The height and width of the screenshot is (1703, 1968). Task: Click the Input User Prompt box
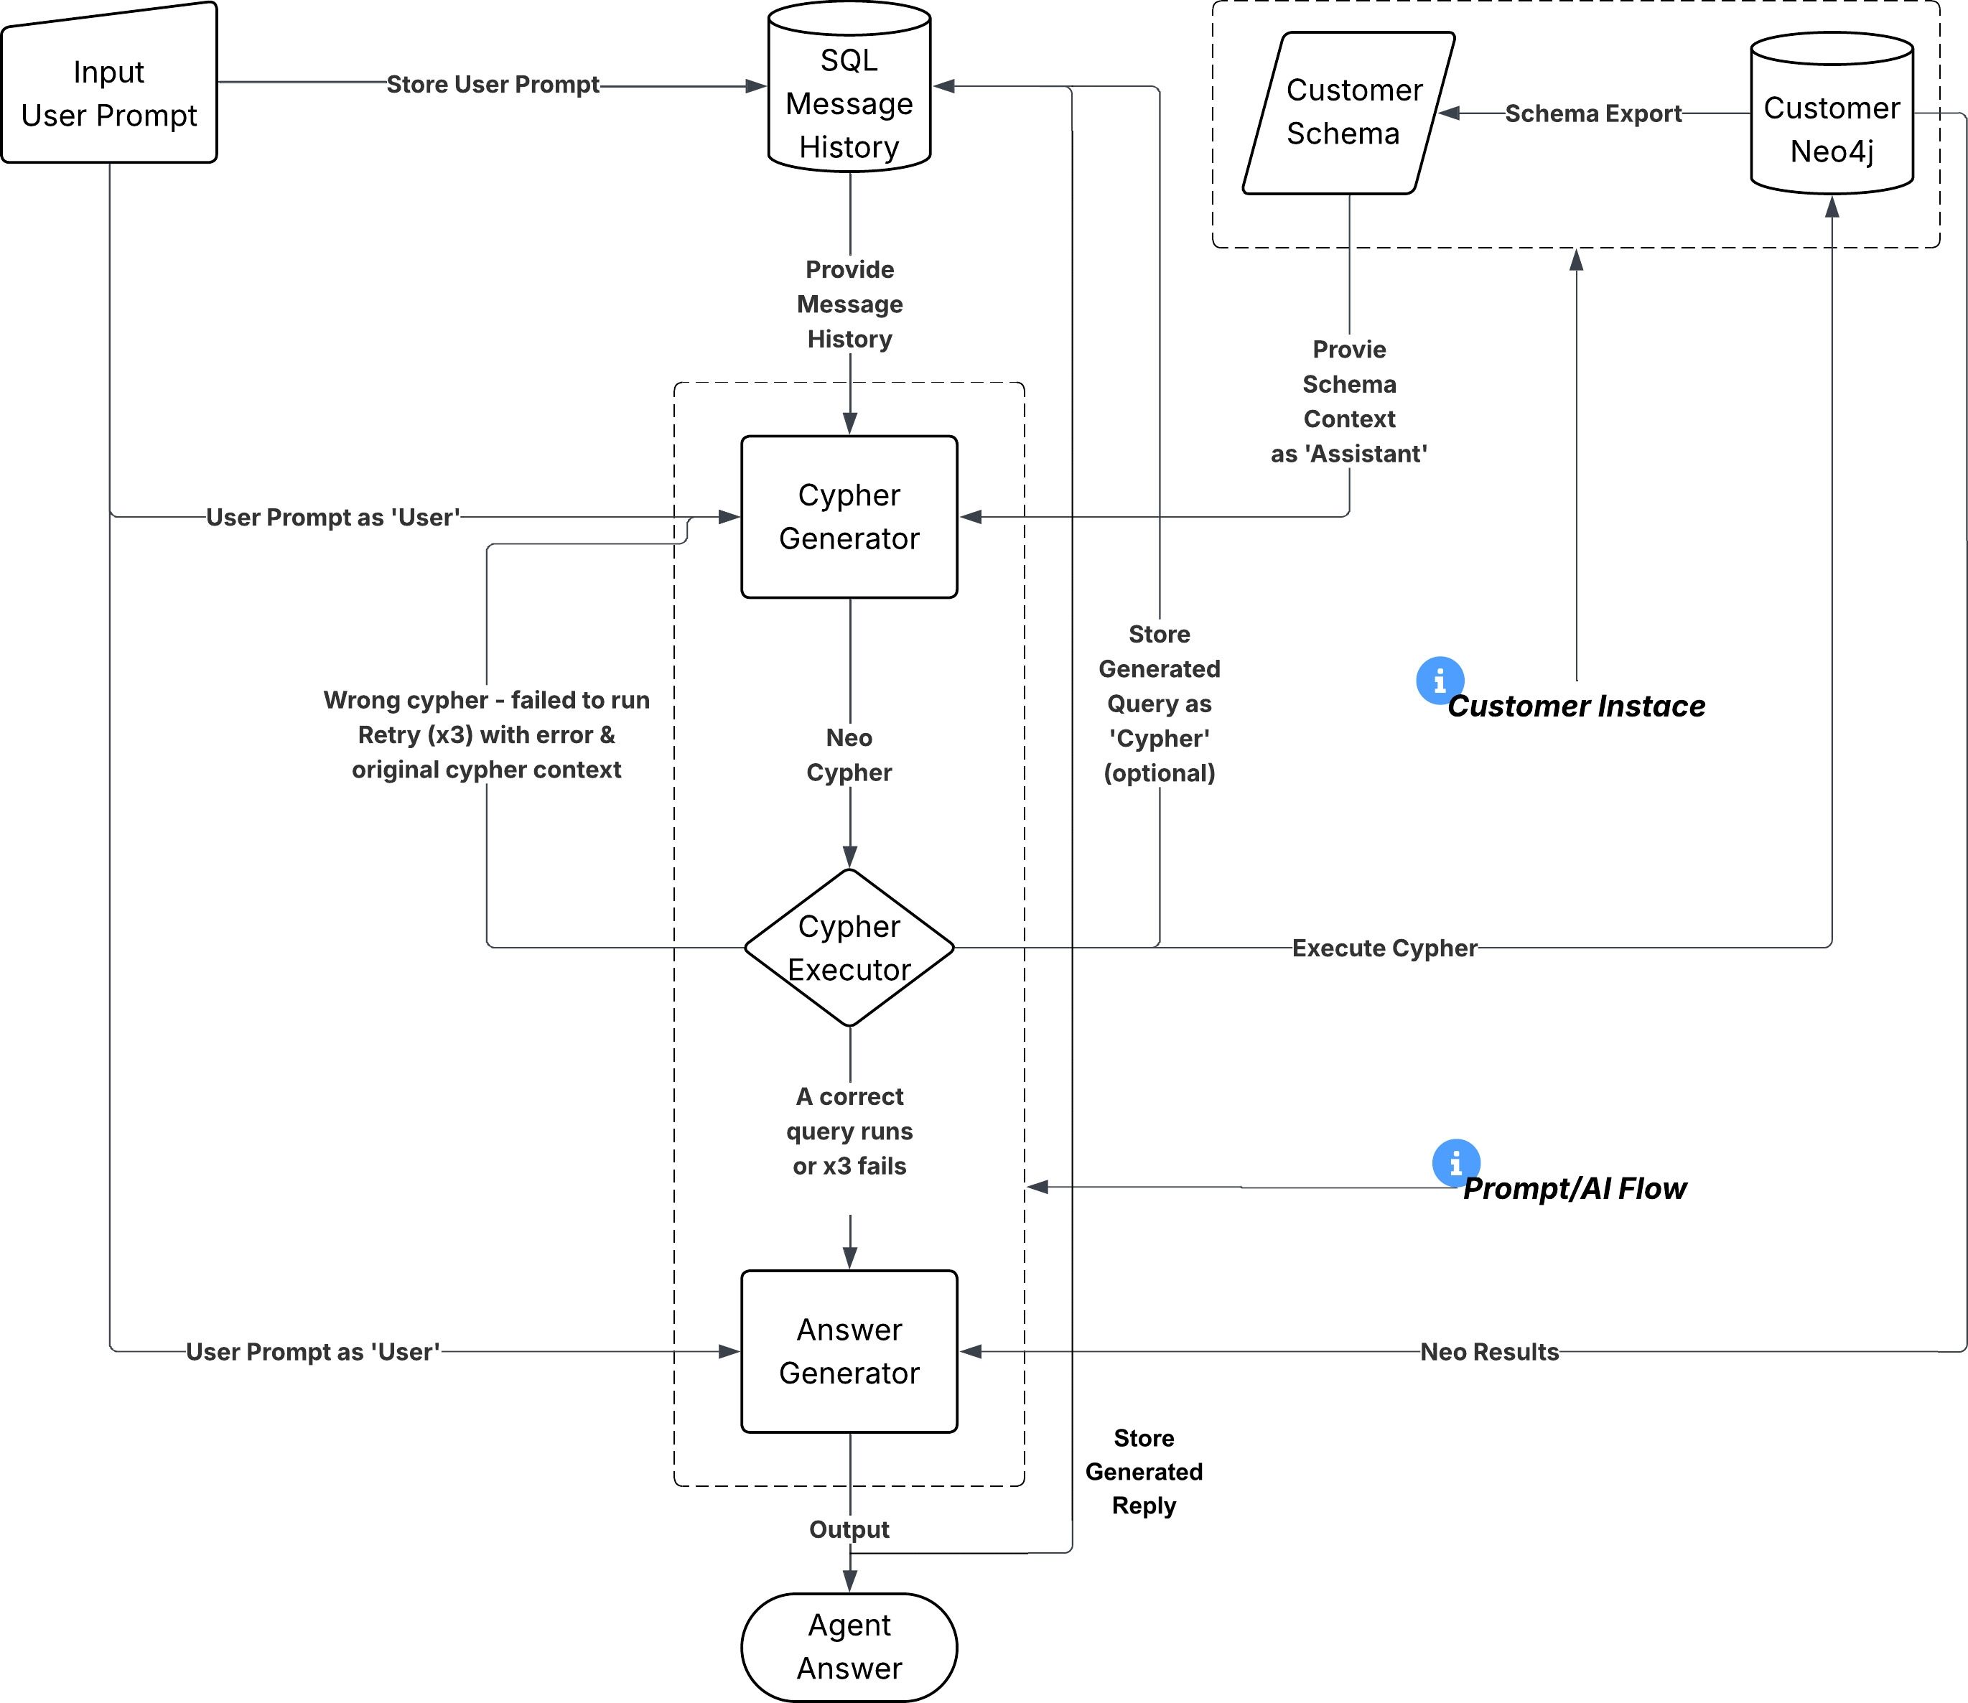click(x=108, y=93)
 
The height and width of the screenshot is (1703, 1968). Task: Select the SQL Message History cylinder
click(x=849, y=103)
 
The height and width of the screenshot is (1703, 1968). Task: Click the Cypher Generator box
click(x=849, y=516)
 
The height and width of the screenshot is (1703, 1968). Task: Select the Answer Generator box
click(x=849, y=1350)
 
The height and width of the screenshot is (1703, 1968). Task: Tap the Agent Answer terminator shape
click(x=849, y=1646)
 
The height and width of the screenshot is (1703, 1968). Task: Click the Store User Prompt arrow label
click(x=493, y=85)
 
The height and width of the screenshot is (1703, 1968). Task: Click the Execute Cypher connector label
click(x=1384, y=948)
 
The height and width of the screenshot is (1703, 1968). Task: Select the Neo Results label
click(x=1489, y=1351)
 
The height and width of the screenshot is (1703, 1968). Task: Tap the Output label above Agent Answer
click(x=849, y=1529)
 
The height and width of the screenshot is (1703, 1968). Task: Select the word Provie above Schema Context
click(x=1348, y=349)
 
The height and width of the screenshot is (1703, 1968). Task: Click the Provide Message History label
click(x=849, y=304)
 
